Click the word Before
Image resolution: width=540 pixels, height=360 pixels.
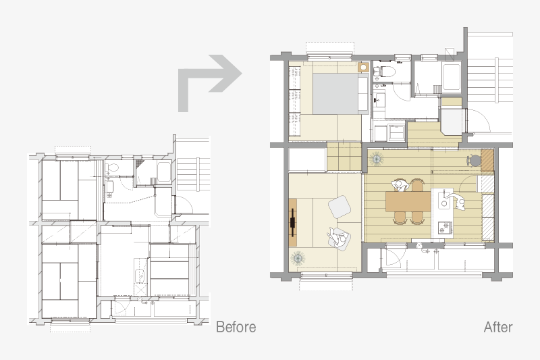236,327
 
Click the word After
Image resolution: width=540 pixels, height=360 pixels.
498,327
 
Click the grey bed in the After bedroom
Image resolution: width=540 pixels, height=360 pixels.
340,94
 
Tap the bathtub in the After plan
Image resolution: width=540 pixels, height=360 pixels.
452,77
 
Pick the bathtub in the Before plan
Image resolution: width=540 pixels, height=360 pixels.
163,171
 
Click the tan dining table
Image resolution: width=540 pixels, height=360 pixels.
408,201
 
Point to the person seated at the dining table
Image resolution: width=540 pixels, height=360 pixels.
400,185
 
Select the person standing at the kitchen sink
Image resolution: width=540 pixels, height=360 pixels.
456,201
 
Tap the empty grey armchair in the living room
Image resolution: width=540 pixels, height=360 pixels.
340,207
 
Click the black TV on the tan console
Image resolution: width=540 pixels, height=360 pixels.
293,222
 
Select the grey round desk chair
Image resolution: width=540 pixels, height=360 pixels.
475,161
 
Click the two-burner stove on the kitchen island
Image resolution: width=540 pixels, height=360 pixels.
444,228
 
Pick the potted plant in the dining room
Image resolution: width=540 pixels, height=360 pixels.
377,159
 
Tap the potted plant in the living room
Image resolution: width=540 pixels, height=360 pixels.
297,258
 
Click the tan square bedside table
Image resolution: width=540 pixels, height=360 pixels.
363,67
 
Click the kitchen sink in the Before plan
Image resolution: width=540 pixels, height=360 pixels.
140,276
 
